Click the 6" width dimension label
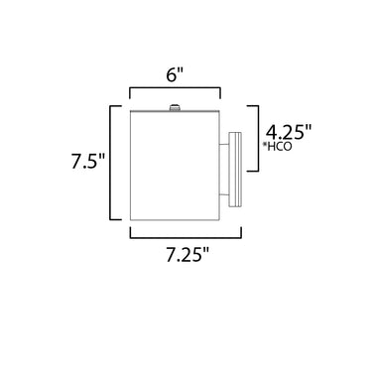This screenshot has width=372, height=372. (x=175, y=76)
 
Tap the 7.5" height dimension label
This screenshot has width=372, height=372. (x=88, y=162)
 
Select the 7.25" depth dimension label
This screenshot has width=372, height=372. (x=187, y=255)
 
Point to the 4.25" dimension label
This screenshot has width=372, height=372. (x=289, y=133)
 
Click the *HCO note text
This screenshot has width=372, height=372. (x=278, y=147)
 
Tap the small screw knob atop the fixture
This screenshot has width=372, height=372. (x=175, y=107)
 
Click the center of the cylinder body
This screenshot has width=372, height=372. (x=175, y=166)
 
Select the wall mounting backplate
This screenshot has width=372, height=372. (x=235, y=170)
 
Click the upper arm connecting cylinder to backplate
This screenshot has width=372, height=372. (x=224, y=144)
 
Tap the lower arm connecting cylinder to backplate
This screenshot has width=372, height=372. (x=224, y=194)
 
